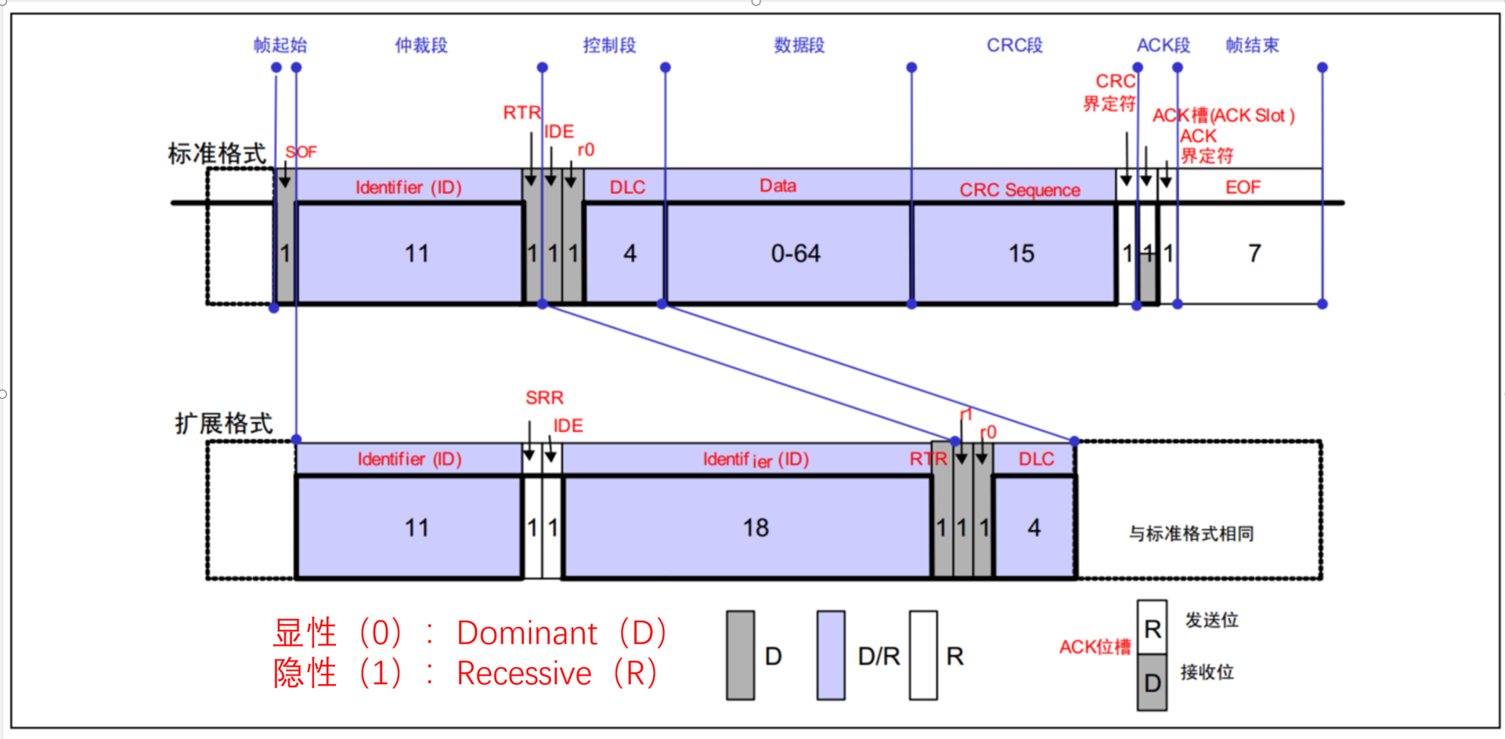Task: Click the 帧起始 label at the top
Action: pyautogui.click(x=280, y=45)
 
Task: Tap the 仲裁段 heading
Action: pyautogui.click(x=420, y=45)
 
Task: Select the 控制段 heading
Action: pyautogui.click(x=609, y=45)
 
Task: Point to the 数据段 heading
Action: pyautogui.click(x=799, y=45)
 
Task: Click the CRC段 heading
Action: pyautogui.click(x=1014, y=45)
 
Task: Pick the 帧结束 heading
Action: pyautogui.click(x=1252, y=45)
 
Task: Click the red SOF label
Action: pyautogui.click(x=301, y=152)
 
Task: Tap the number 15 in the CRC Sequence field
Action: pyautogui.click(x=1021, y=254)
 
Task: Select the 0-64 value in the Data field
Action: pyautogui.click(x=795, y=254)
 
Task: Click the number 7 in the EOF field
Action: pyautogui.click(x=1254, y=254)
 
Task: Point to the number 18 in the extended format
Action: pyautogui.click(x=756, y=528)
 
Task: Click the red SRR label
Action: pyautogui.click(x=544, y=398)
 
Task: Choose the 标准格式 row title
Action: pyautogui.click(x=217, y=154)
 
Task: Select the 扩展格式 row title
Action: pyautogui.click(x=224, y=424)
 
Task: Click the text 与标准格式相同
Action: pyautogui.click(x=1191, y=534)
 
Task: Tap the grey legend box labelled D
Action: pyautogui.click(x=740, y=655)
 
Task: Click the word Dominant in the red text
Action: pyautogui.click(x=527, y=633)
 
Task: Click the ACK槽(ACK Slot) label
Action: pyautogui.click(x=1223, y=116)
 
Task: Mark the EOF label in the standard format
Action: pyautogui.click(x=1243, y=187)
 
